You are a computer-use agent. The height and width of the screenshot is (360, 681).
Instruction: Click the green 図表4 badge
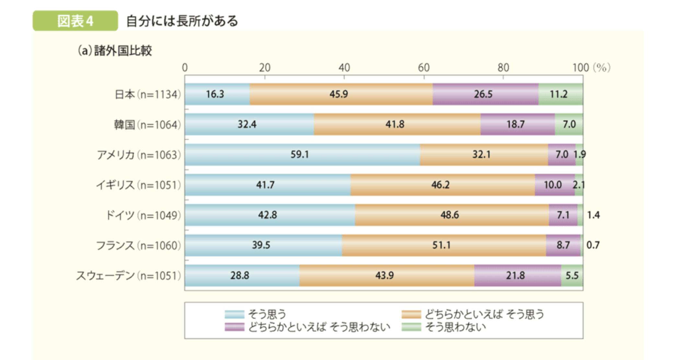pyautogui.click(x=75, y=21)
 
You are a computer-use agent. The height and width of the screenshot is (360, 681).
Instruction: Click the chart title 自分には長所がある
pyautogui.click(x=182, y=21)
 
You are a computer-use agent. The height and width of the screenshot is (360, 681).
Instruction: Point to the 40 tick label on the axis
pyautogui.click(x=344, y=68)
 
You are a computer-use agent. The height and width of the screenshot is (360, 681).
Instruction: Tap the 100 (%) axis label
pyautogui.click(x=591, y=68)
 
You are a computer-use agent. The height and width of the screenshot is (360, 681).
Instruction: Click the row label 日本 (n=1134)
pyautogui.click(x=148, y=94)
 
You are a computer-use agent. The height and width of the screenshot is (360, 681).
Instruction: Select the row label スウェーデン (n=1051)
pyautogui.click(x=128, y=276)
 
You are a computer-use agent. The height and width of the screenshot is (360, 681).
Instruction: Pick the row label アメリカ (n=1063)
pyautogui.click(x=139, y=155)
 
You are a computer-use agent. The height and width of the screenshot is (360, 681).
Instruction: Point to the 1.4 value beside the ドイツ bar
pyautogui.click(x=593, y=215)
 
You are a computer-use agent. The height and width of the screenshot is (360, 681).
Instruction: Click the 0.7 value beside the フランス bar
pyautogui.click(x=593, y=245)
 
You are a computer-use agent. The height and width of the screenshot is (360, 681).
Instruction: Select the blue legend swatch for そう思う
pyautogui.click(x=234, y=314)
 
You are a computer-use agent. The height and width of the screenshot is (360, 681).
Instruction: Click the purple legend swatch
pyautogui.click(x=234, y=327)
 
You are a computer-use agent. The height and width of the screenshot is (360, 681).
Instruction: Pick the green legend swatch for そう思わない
pyautogui.click(x=411, y=327)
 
